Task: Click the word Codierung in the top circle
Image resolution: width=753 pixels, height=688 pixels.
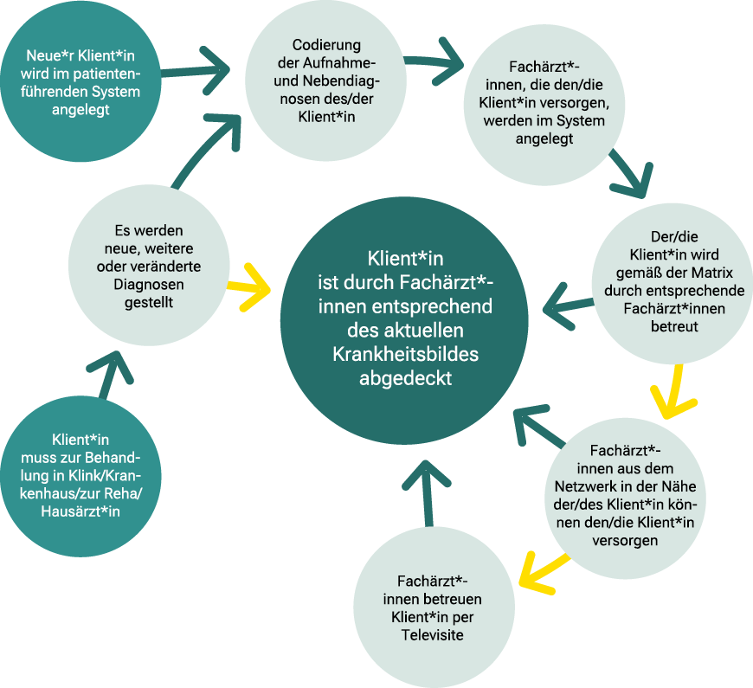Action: pyautogui.click(x=326, y=44)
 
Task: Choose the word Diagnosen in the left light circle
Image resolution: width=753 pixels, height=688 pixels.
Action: pyautogui.click(x=148, y=284)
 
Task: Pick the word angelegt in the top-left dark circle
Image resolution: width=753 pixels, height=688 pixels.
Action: pyautogui.click(x=80, y=111)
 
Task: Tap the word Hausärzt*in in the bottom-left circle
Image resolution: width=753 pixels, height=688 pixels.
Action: pyautogui.click(x=80, y=511)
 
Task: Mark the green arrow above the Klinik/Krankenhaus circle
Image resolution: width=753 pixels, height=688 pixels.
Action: pyautogui.click(x=109, y=371)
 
